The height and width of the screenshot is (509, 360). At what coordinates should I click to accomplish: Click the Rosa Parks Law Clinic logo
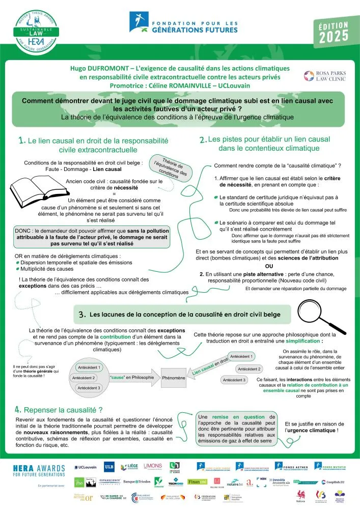click(324, 76)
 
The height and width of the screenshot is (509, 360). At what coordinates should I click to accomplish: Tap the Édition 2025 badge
click(334, 32)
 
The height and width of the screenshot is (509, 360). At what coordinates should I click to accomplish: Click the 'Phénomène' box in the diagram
click(174, 378)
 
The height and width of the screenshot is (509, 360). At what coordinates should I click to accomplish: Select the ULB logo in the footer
click(109, 466)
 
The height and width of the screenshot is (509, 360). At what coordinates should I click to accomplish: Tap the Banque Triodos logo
click(137, 480)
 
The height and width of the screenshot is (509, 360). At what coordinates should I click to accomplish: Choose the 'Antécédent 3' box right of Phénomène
click(234, 380)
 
